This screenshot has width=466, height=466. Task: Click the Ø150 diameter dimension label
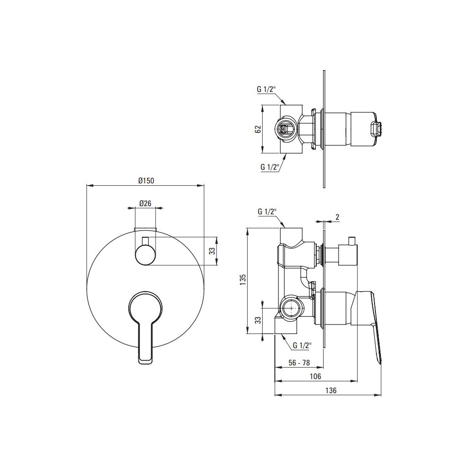147,180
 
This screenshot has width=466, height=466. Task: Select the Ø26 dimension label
145,203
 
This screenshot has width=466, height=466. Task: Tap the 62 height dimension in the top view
258,129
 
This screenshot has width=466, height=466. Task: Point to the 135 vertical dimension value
243,280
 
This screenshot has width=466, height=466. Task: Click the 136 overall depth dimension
331,390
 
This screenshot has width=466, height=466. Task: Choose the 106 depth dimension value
315,376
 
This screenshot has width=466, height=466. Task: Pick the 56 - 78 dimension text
299,363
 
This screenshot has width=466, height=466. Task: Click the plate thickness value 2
337,217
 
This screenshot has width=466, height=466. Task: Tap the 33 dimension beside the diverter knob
212,251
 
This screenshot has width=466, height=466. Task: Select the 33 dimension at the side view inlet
258,320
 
